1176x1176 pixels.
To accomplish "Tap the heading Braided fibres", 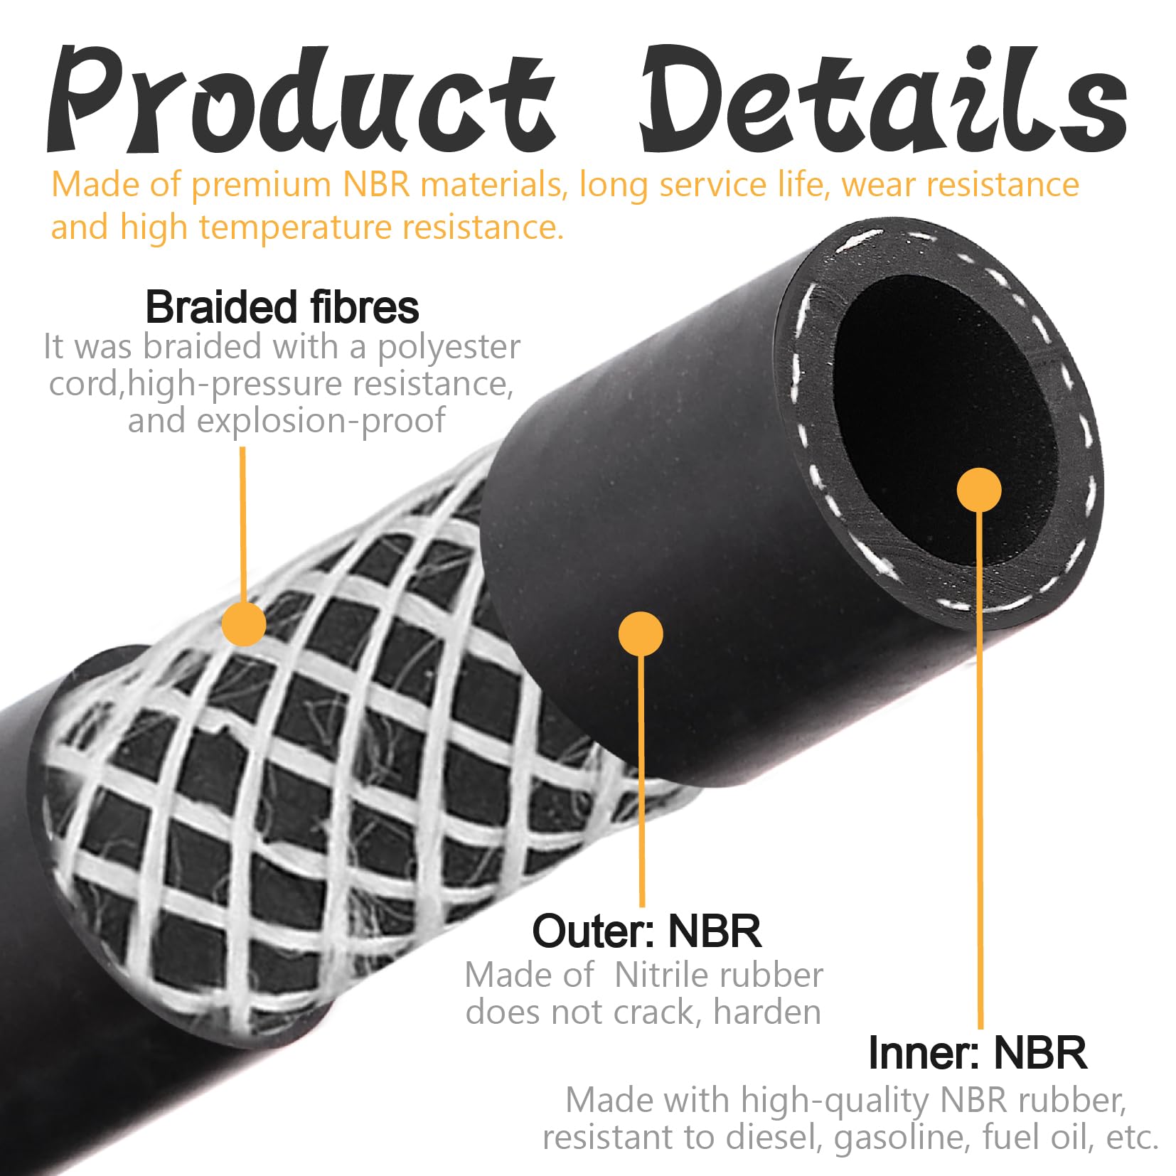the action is click(x=282, y=307).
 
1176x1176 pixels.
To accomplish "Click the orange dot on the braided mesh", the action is click(x=244, y=624).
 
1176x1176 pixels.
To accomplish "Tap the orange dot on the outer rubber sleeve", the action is click(x=641, y=634).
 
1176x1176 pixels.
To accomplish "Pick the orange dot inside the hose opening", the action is click(x=979, y=490).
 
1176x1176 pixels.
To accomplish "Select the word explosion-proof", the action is click(x=321, y=420).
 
